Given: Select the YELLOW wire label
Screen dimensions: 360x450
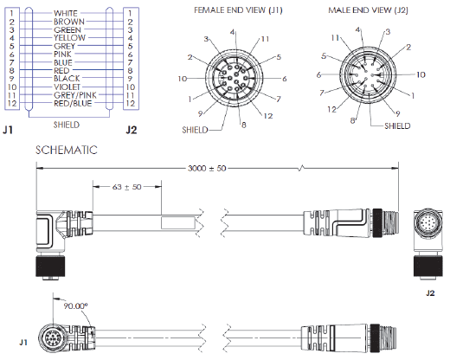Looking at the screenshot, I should pos(70,38).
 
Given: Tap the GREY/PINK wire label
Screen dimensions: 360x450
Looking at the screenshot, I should pos(70,94).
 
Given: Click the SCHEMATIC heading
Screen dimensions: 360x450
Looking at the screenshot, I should pos(66,150).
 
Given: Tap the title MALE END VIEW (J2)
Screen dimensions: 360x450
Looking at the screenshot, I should pos(369,10).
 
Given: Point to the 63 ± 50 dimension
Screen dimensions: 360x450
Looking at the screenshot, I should pos(128,186).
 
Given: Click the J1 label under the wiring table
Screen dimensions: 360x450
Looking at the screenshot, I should pos(8,131).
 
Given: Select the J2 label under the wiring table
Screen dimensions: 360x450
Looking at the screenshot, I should pos(131,131).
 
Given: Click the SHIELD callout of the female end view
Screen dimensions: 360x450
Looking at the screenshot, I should pos(195,130).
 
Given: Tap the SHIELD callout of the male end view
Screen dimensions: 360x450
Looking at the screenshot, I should pos(396,125).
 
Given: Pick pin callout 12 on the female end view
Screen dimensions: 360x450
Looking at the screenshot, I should pos(268,114).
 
